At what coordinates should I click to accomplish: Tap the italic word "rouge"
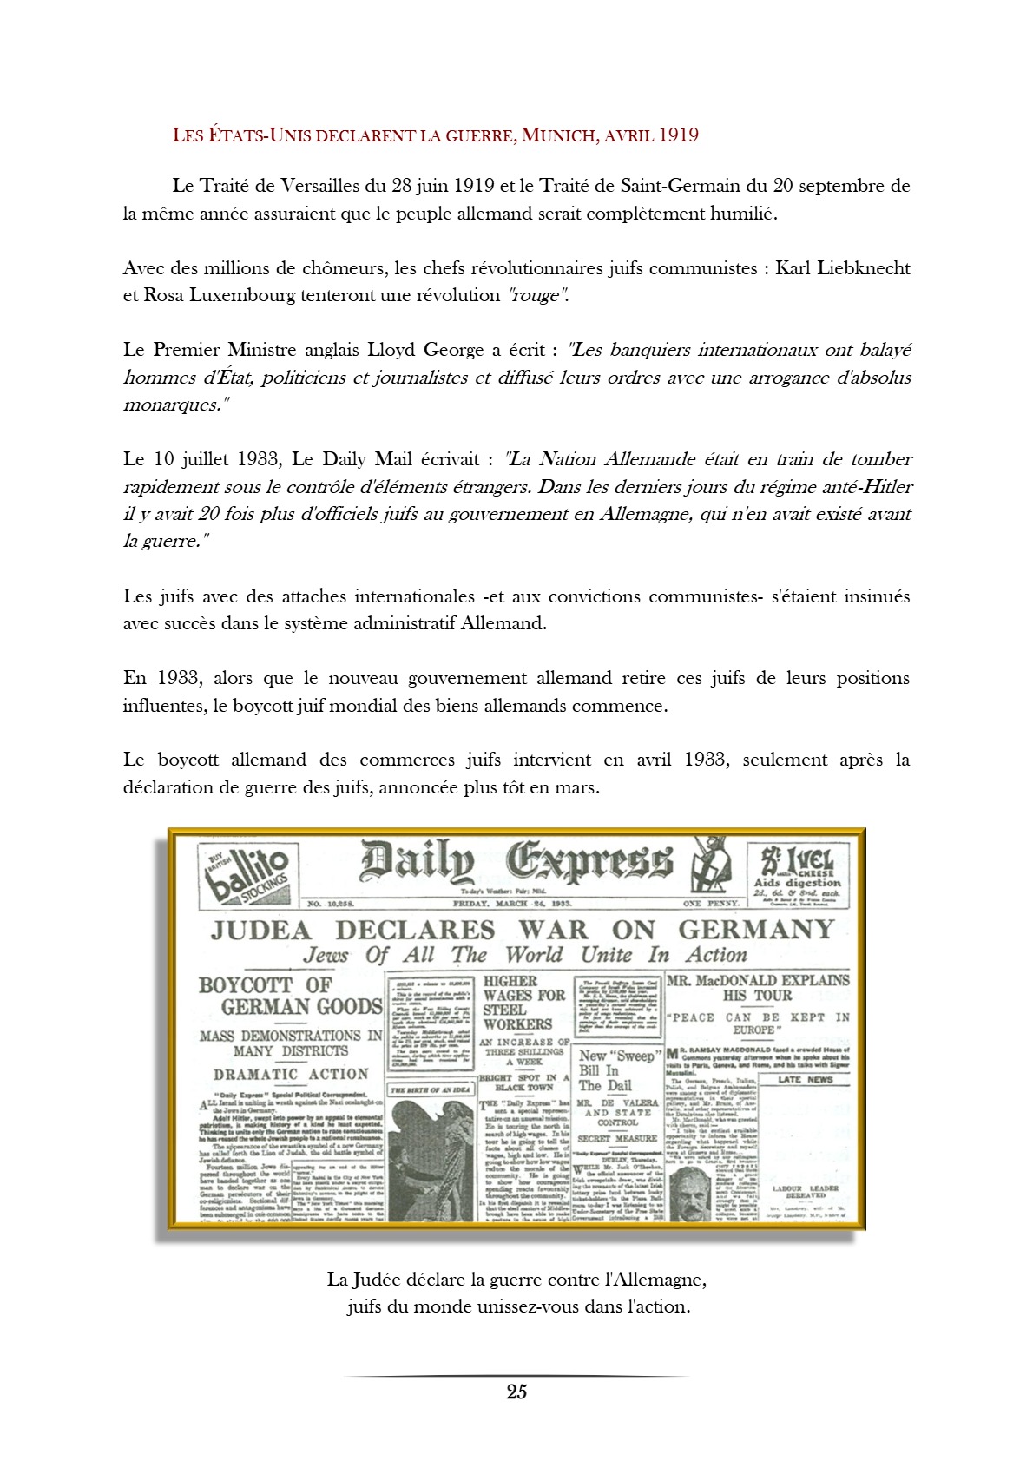tap(538, 295)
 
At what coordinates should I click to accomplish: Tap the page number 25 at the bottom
tap(516, 1392)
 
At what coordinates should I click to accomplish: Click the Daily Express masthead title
tap(516, 862)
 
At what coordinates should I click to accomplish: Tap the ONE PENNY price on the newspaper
tap(711, 903)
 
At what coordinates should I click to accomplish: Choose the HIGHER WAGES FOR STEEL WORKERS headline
tap(523, 1003)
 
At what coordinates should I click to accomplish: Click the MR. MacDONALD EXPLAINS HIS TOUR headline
tap(758, 987)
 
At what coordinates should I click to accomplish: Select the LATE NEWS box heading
tap(805, 1080)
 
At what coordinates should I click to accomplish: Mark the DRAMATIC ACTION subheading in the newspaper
tap(291, 1074)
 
